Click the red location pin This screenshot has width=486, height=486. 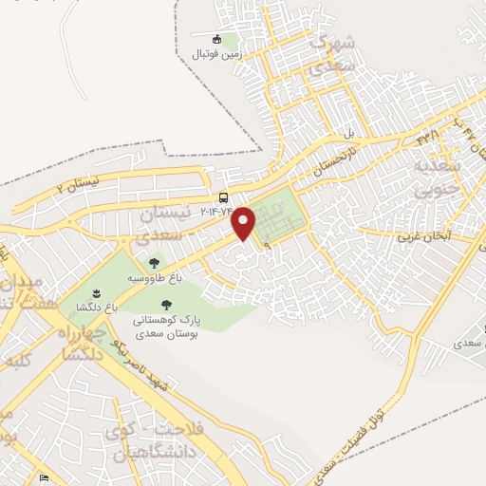(245, 222)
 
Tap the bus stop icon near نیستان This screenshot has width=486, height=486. (223, 197)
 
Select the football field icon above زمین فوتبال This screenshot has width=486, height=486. (216, 39)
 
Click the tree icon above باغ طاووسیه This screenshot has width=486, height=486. (154, 263)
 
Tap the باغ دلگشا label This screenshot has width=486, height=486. (98, 308)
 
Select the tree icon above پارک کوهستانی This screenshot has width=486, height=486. (166, 306)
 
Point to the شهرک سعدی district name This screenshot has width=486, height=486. (333, 54)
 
